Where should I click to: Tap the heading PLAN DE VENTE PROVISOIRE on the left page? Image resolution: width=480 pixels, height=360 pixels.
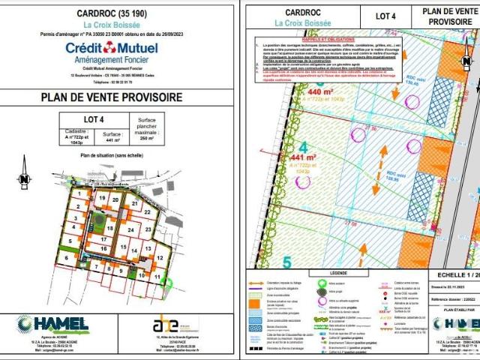tap(119, 98)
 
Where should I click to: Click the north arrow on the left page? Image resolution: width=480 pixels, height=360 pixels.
tap(25, 178)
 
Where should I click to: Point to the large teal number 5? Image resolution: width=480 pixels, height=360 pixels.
tap(287, 262)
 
